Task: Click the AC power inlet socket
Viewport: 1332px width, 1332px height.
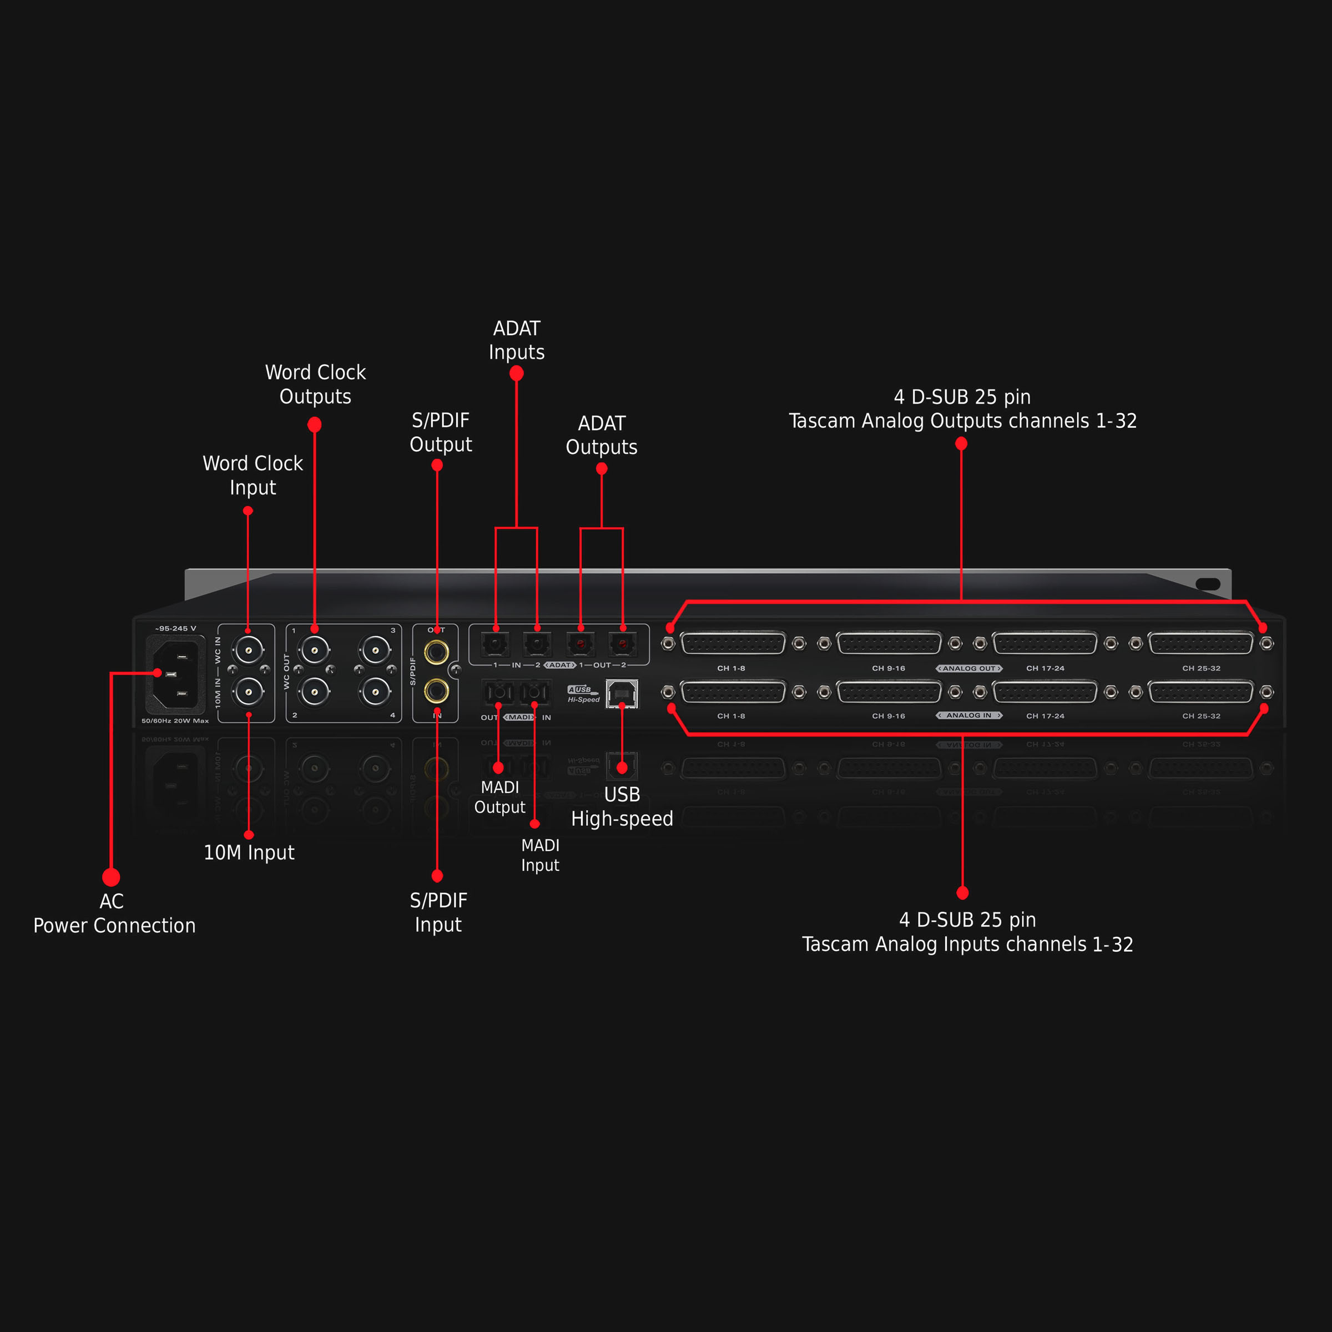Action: coord(176,674)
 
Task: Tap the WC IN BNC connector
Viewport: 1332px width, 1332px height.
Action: coord(248,649)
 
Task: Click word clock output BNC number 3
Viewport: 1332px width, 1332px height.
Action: coord(376,649)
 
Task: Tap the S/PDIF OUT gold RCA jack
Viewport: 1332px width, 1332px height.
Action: coord(436,651)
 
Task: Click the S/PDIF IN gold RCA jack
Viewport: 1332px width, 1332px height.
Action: coord(436,690)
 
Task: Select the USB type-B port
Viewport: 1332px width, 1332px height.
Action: coord(621,694)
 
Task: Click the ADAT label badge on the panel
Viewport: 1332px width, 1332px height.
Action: coord(560,665)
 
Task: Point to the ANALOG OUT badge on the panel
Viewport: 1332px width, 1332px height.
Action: coord(968,668)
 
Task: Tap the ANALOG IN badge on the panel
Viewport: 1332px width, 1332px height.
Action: coord(968,715)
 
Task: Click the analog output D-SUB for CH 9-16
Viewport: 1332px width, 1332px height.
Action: coord(889,643)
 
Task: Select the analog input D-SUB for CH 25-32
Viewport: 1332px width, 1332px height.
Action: coord(1200,692)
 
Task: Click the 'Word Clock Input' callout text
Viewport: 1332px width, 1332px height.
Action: coord(253,475)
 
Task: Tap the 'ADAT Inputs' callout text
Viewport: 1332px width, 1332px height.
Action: coord(516,340)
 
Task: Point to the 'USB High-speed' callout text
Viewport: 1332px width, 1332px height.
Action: coord(622,806)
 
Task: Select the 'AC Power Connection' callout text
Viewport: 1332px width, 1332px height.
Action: coord(114,914)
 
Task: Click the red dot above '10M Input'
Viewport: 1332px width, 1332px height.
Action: coord(249,835)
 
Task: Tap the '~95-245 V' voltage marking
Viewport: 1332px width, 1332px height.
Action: coord(176,629)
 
